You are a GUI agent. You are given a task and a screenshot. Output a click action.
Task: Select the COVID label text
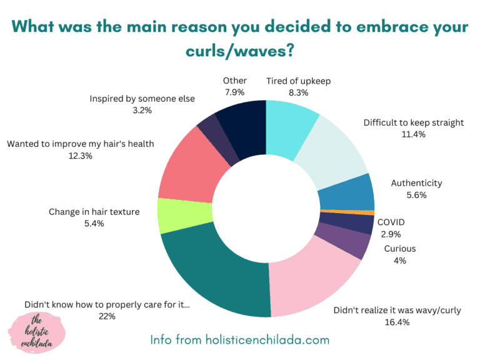pos(391,222)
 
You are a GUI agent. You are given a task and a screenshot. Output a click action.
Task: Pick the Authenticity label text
pos(416,183)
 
